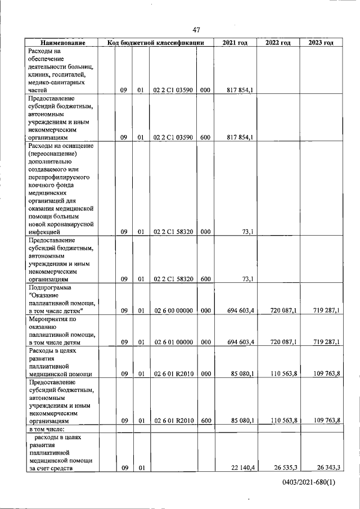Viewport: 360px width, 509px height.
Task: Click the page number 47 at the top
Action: pos(196,30)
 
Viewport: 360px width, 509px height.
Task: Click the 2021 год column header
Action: pos(235,43)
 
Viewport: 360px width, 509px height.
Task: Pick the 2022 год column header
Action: pos(278,43)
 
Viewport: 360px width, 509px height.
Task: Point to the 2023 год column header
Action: pos(321,43)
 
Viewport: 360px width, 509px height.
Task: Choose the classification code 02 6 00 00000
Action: pos(173,310)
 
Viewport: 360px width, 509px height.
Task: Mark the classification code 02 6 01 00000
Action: pos(173,342)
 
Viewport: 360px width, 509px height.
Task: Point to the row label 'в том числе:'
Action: pos(44,429)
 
